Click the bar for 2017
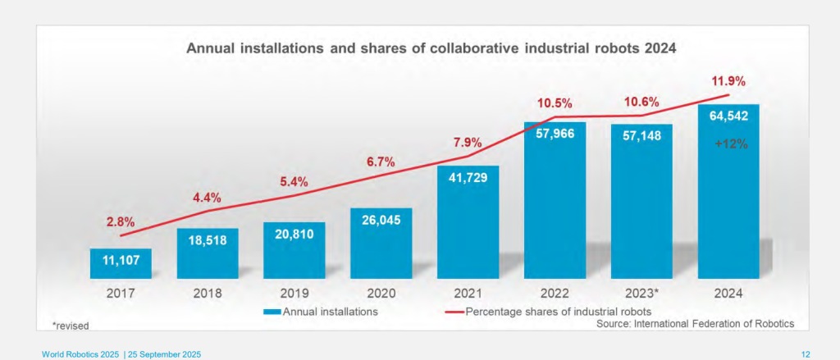[x=121, y=263]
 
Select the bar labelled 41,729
[x=468, y=221]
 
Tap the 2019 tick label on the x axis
[x=294, y=291]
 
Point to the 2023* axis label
[x=641, y=291]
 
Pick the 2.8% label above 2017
[x=121, y=222]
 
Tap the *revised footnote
[x=71, y=326]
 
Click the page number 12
[x=805, y=353]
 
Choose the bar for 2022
[x=555, y=201]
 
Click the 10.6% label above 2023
[x=641, y=103]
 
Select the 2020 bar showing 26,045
[x=381, y=244]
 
